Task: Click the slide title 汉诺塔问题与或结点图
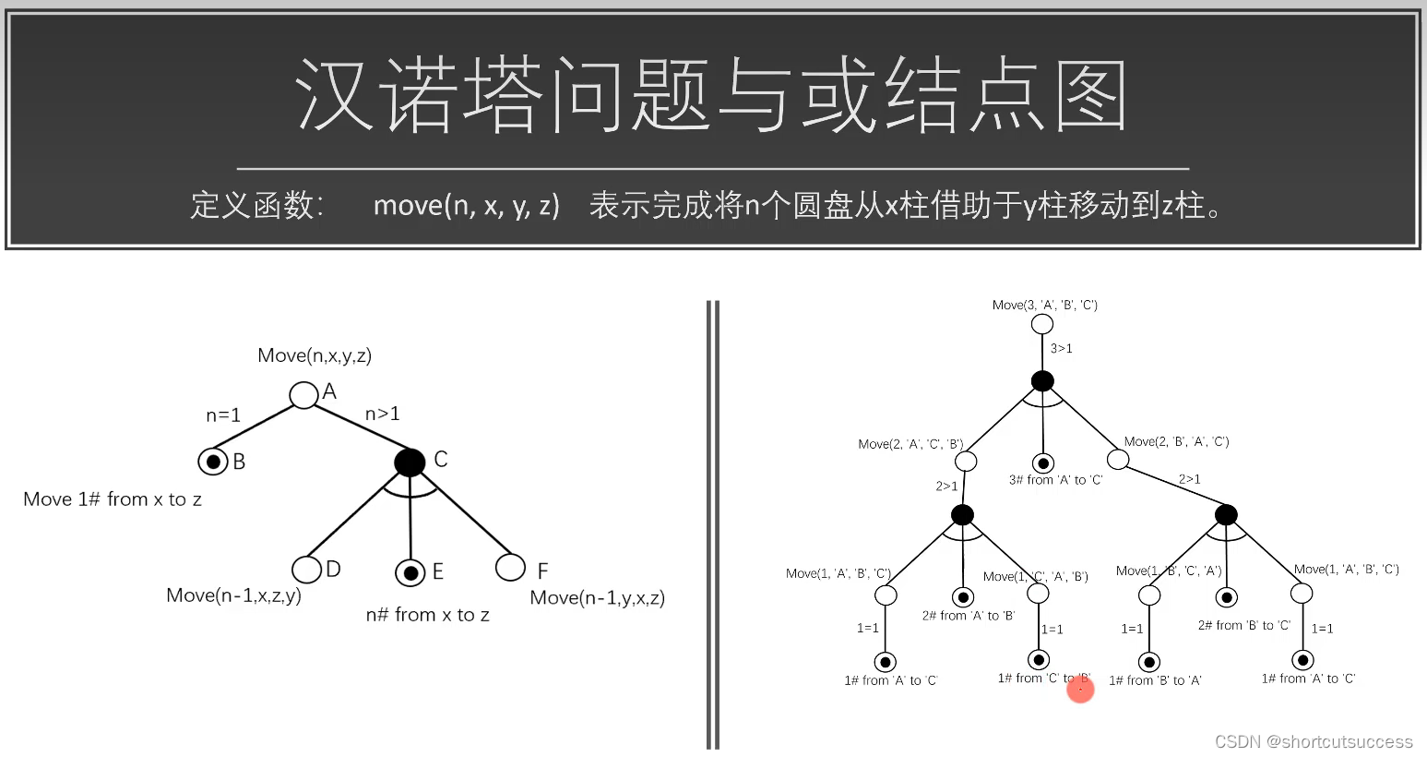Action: (x=711, y=96)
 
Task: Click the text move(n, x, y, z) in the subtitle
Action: (x=466, y=205)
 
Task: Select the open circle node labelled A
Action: (x=303, y=395)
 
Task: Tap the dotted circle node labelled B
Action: (x=213, y=461)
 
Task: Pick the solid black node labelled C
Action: (x=410, y=462)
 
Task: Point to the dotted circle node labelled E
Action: (x=410, y=572)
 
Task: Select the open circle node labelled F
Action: (x=510, y=567)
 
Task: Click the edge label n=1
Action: (x=223, y=415)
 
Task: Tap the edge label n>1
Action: (x=383, y=414)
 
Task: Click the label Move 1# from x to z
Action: (x=113, y=499)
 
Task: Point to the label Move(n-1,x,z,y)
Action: (x=233, y=595)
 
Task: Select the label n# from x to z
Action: (x=427, y=615)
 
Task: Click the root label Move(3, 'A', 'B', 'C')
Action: (x=1044, y=305)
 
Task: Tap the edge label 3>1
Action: (x=1062, y=348)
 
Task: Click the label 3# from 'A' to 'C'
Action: (x=1055, y=480)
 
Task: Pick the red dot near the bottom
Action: (x=1080, y=688)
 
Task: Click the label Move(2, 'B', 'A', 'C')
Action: (x=1176, y=441)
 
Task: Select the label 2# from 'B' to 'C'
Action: (x=1243, y=625)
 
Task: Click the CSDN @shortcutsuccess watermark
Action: (x=1314, y=741)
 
